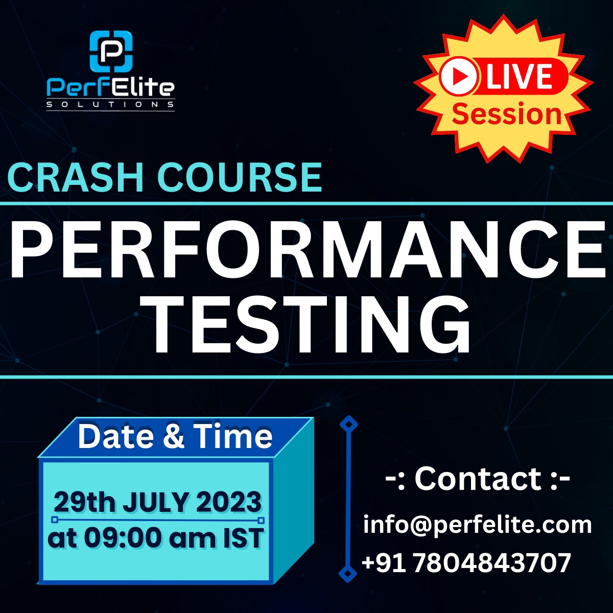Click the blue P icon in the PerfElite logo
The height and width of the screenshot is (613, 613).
111,51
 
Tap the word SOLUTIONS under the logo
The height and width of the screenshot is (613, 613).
110,105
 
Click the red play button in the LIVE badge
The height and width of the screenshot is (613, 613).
459,77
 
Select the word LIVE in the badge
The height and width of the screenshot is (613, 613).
519,77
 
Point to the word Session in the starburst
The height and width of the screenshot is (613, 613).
506,114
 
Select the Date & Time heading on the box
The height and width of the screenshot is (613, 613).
175,437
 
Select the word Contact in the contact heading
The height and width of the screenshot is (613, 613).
478,479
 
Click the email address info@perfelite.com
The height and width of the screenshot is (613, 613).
478,525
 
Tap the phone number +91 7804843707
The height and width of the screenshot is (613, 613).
466,563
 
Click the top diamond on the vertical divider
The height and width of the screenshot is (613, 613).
349,425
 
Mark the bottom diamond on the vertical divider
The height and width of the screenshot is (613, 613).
348,573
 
